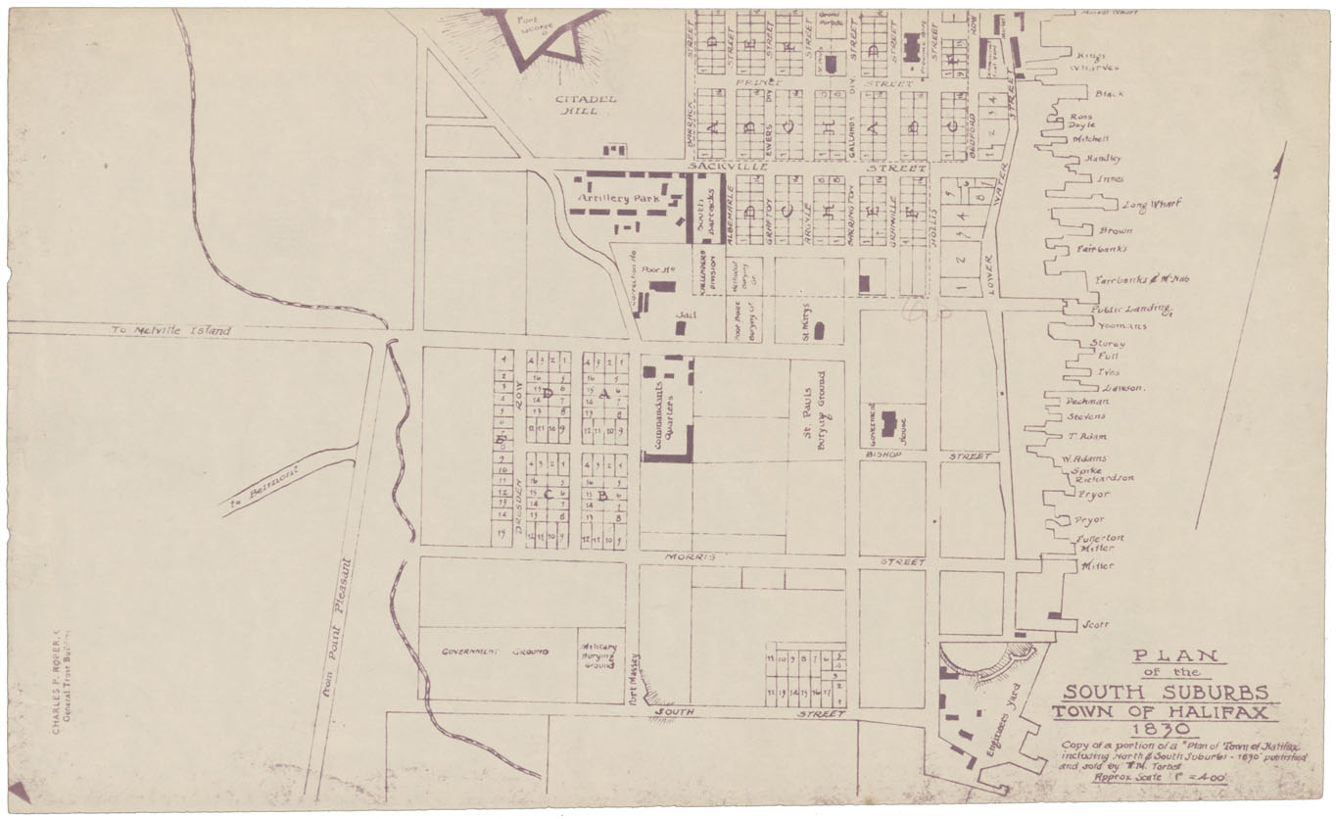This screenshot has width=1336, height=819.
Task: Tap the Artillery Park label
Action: (620, 198)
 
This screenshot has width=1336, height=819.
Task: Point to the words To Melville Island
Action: (171, 331)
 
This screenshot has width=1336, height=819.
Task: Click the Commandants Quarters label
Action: (666, 409)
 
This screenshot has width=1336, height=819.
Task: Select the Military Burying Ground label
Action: (599, 655)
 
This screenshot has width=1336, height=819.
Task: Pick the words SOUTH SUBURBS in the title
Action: (1166, 692)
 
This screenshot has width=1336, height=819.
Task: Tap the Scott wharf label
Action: (1095, 624)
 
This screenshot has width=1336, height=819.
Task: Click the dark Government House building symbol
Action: (888, 423)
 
